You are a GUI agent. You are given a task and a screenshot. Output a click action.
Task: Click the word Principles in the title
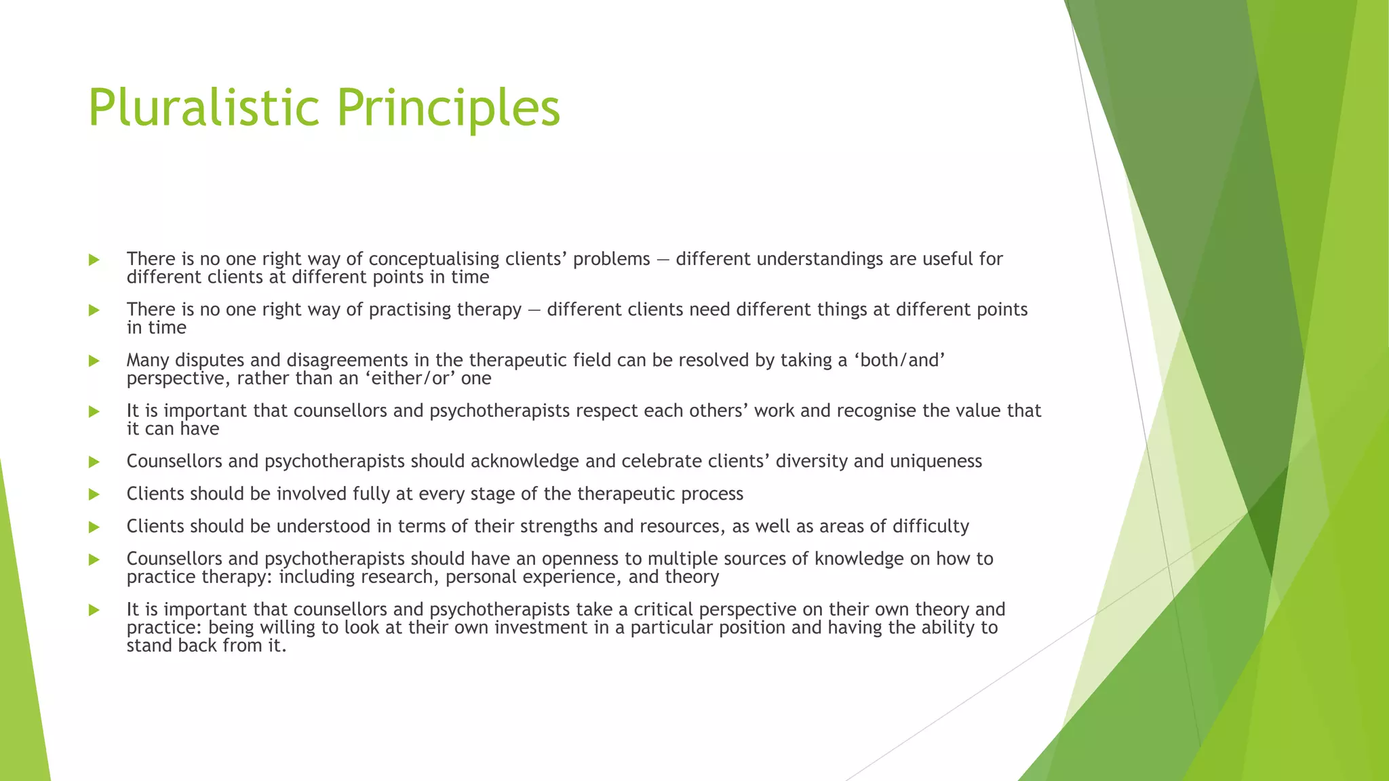(x=448, y=108)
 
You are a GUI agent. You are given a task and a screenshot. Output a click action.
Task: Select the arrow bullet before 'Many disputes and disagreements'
(x=94, y=361)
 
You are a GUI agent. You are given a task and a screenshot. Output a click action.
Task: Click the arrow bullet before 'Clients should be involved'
(x=94, y=494)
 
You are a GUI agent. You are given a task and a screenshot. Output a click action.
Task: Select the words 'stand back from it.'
(x=206, y=646)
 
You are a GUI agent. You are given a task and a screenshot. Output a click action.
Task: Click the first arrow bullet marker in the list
(x=94, y=260)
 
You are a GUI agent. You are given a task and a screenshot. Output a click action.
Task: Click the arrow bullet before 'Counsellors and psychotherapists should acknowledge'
(x=94, y=462)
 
